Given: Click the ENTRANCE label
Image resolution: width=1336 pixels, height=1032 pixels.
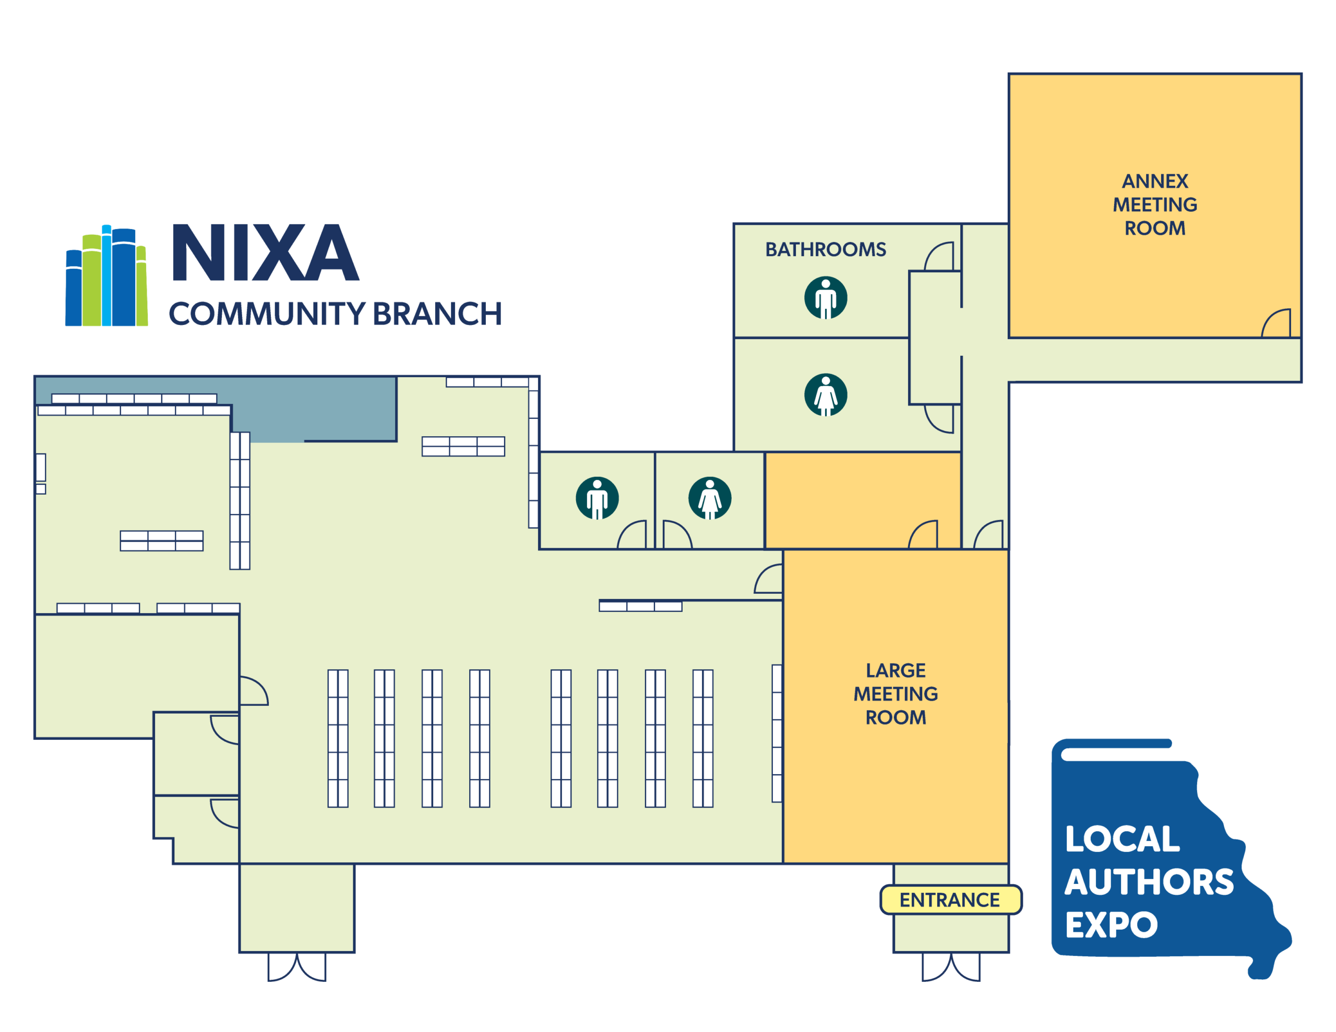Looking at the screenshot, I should pyautogui.click(x=950, y=900).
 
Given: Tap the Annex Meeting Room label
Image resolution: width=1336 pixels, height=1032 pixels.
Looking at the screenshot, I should pyautogui.click(x=1155, y=205).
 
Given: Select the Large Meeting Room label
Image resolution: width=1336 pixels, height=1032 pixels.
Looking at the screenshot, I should pyautogui.click(x=896, y=694).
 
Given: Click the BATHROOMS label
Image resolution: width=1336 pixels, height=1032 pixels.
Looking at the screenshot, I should pyautogui.click(x=825, y=249).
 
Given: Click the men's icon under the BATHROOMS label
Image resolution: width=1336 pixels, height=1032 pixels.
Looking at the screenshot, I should pyautogui.click(x=825, y=298).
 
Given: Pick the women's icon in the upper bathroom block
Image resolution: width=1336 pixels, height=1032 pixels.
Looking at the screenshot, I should pyautogui.click(x=825, y=394).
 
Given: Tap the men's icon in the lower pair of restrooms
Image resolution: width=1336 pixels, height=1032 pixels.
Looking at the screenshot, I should pyautogui.click(x=597, y=498).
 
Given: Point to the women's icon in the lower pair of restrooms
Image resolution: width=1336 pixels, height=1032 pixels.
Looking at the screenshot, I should pyautogui.click(x=710, y=498).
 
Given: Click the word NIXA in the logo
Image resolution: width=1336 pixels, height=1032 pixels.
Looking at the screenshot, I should pyautogui.click(x=265, y=253).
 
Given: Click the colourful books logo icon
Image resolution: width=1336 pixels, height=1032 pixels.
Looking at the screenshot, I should pyautogui.click(x=106, y=276).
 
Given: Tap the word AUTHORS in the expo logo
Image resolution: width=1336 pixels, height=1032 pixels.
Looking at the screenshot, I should pyautogui.click(x=1149, y=882).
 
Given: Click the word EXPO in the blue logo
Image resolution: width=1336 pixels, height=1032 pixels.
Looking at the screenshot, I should pyautogui.click(x=1112, y=925).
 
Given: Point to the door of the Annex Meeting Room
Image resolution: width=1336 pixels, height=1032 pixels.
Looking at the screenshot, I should pyautogui.click(x=1277, y=324).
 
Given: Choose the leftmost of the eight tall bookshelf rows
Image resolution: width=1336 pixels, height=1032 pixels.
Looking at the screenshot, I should pyautogui.click(x=338, y=738).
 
